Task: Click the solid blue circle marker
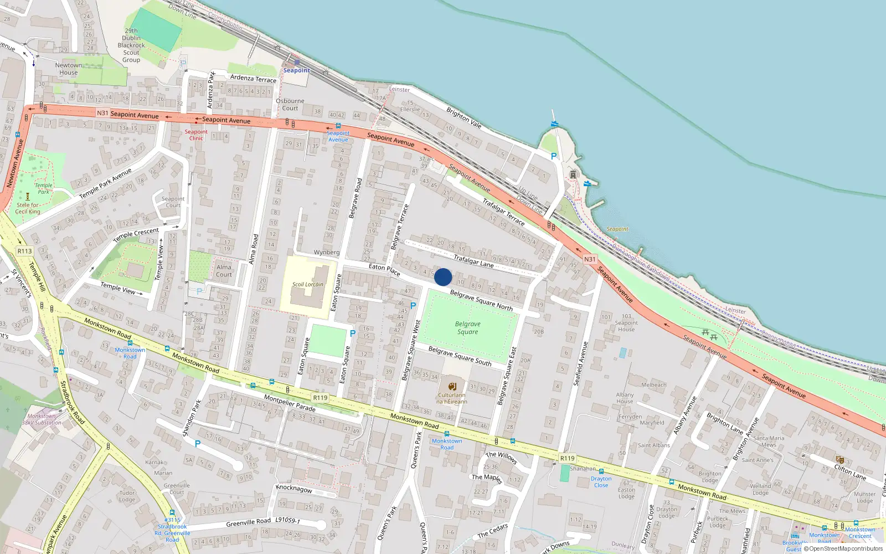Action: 443,277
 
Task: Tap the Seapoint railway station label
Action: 297,70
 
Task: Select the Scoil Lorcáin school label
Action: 308,284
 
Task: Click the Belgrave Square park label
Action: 468,328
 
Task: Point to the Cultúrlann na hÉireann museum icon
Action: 452,386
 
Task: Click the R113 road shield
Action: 24,251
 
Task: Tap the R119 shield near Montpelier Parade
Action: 320,398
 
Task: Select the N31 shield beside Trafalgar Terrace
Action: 590,259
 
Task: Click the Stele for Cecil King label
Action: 28,208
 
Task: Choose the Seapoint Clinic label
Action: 196,135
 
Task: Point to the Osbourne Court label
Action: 290,105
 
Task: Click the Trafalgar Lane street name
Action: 473,260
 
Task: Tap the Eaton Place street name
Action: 384,269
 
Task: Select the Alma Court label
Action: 224,270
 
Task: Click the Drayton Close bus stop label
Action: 601,482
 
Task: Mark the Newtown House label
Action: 69,69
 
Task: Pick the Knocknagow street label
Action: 294,489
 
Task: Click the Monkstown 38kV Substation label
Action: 42,419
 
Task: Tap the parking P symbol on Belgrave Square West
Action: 413,305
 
